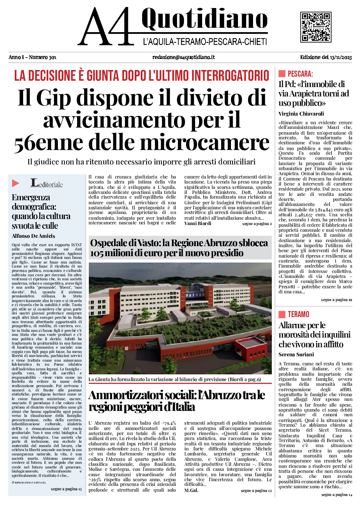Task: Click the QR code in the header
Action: (315, 27)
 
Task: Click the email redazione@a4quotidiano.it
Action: (183, 57)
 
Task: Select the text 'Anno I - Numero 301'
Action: (33, 57)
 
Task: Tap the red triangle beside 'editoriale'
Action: (16, 183)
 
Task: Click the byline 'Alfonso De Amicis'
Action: (33, 236)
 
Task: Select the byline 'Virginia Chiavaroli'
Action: (301, 114)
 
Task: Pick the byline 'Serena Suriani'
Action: (296, 355)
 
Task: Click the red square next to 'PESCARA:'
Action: (282, 74)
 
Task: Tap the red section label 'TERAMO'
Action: (298, 314)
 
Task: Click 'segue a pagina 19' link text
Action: (336, 300)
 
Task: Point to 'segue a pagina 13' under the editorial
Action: (66, 489)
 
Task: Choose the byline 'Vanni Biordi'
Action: (198, 224)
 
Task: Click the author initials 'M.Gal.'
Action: (191, 491)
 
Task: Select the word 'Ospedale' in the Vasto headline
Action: (109, 243)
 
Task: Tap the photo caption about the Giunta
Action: (175, 379)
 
